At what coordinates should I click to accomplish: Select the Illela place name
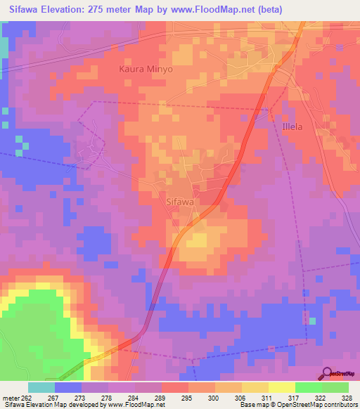[292, 129]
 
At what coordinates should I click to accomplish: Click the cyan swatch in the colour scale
[41, 387]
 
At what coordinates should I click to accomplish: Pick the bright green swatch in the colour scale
[308, 387]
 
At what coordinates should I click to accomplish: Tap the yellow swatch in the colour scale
[282, 387]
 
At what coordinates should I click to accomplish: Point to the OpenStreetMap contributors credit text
[315, 405]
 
